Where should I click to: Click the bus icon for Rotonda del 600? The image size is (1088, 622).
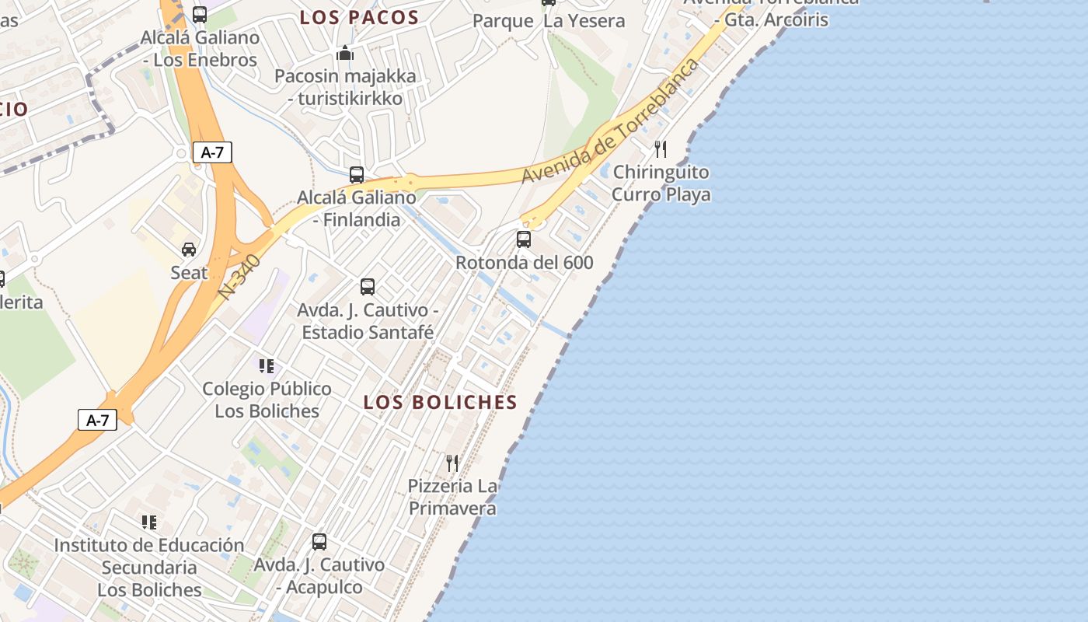(x=524, y=239)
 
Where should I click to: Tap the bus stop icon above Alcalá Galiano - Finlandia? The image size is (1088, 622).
(x=357, y=175)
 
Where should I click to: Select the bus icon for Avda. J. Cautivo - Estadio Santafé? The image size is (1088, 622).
(x=368, y=286)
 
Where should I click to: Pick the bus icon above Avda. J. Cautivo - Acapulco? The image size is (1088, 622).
(x=319, y=541)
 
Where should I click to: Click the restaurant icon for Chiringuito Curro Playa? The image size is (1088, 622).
(x=661, y=149)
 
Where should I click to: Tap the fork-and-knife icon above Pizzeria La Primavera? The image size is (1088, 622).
(x=452, y=463)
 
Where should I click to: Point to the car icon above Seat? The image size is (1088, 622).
(x=189, y=250)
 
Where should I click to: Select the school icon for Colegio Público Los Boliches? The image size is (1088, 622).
(x=267, y=365)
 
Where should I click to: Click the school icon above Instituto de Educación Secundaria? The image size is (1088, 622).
(x=149, y=522)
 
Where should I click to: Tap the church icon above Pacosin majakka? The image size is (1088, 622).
(x=345, y=53)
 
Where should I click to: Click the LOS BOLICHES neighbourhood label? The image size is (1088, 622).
(x=441, y=402)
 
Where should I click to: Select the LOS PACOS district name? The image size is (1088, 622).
(x=360, y=18)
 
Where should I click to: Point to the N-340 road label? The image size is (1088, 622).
(x=240, y=277)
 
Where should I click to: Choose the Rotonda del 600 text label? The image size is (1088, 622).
(x=525, y=263)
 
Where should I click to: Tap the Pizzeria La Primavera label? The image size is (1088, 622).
(x=453, y=497)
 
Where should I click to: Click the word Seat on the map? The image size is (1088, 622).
(x=189, y=273)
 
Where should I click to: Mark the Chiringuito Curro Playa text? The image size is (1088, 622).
(x=661, y=183)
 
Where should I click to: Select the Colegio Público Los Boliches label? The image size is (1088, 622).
(x=267, y=400)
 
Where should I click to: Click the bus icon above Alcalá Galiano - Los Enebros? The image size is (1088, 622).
(x=200, y=14)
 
